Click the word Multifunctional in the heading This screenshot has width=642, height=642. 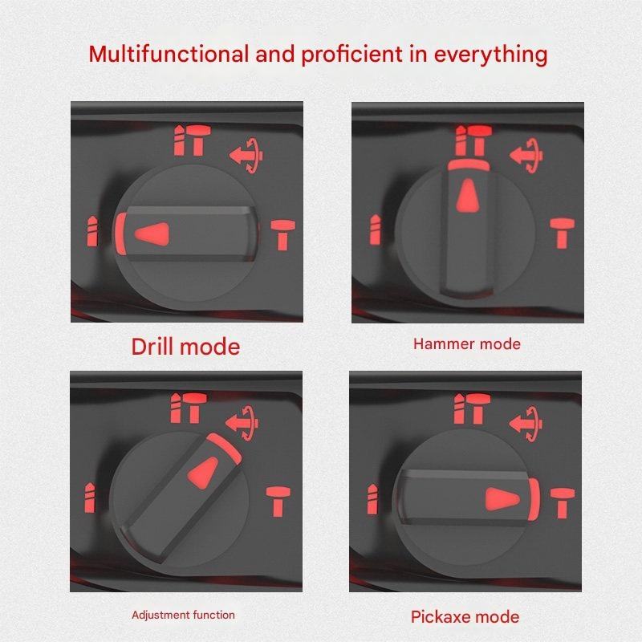point(169,54)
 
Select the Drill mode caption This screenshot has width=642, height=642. point(185,347)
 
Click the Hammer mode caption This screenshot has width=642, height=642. point(467,344)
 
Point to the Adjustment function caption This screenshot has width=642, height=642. point(184,615)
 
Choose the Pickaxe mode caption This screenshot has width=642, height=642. point(465,617)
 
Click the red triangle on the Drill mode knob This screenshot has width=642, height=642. point(152,234)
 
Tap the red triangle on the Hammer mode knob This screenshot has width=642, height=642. point(468,195)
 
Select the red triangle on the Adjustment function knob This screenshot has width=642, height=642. point(203,473)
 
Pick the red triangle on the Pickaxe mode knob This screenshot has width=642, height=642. point(502,499)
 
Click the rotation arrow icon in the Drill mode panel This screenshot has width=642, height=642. point(246,156)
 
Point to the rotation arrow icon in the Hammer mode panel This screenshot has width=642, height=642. point(526,156)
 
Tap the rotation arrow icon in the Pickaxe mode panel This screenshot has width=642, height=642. point(526,424)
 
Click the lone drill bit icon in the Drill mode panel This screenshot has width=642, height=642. point(92,231)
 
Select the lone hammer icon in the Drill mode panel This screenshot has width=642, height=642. point(282,234)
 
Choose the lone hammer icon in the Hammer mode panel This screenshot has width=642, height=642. point(563,233)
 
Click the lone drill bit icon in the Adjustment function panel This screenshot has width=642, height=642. point(90,498)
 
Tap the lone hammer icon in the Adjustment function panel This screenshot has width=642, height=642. point(278,502)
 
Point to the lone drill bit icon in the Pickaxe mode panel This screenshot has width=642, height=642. point(372,499)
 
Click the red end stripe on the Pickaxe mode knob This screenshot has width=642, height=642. point(534,499)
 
